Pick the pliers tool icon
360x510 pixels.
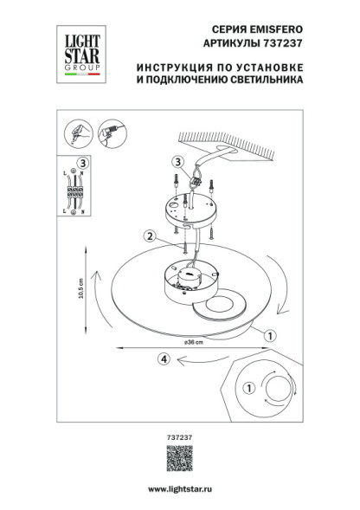[x=78, y=133]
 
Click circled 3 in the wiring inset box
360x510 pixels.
[x=82, y=162]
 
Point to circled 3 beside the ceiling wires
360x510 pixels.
[x=177, y=160]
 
